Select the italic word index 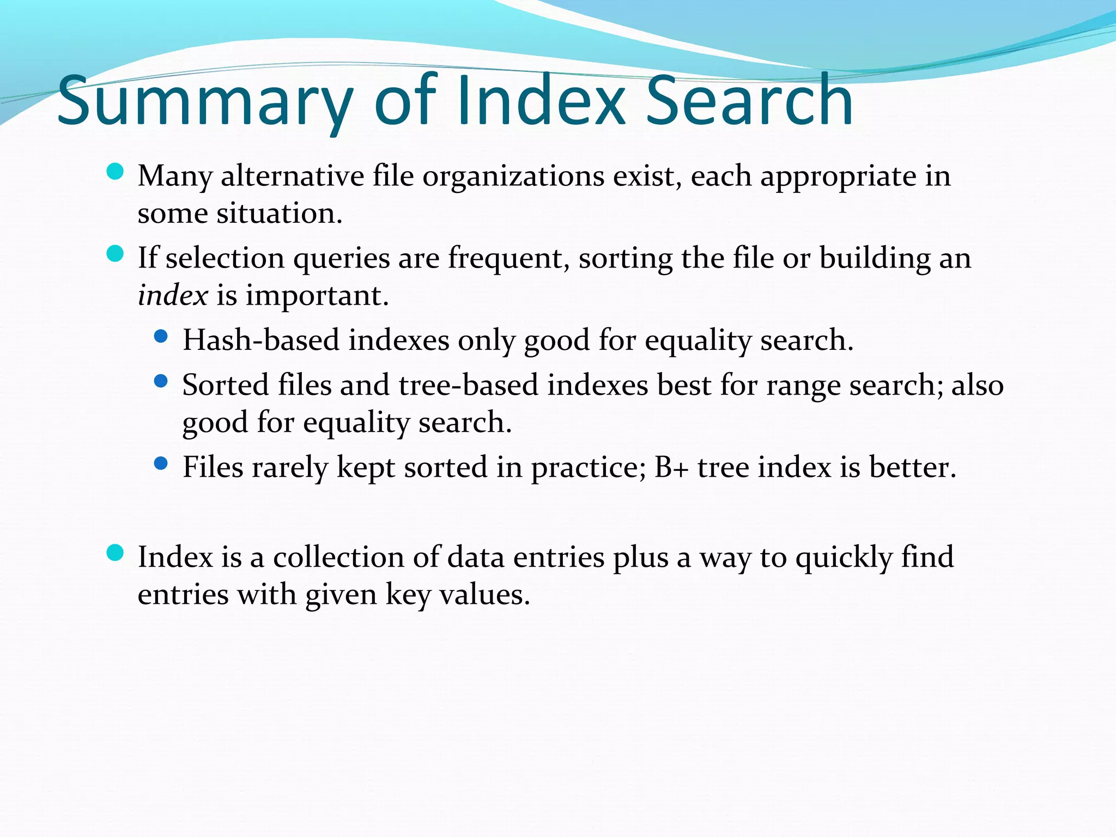[173, 295]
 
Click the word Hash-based [261, 340]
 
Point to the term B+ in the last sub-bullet [671, 467]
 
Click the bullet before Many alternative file [115, 172]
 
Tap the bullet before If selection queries [115, 254]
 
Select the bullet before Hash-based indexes [161, 337]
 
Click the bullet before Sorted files [161, 381]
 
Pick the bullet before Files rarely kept [161, 464]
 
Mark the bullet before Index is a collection [115, 553]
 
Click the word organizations [513, 177]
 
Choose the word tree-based [469, 385]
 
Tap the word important [317, 296]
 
